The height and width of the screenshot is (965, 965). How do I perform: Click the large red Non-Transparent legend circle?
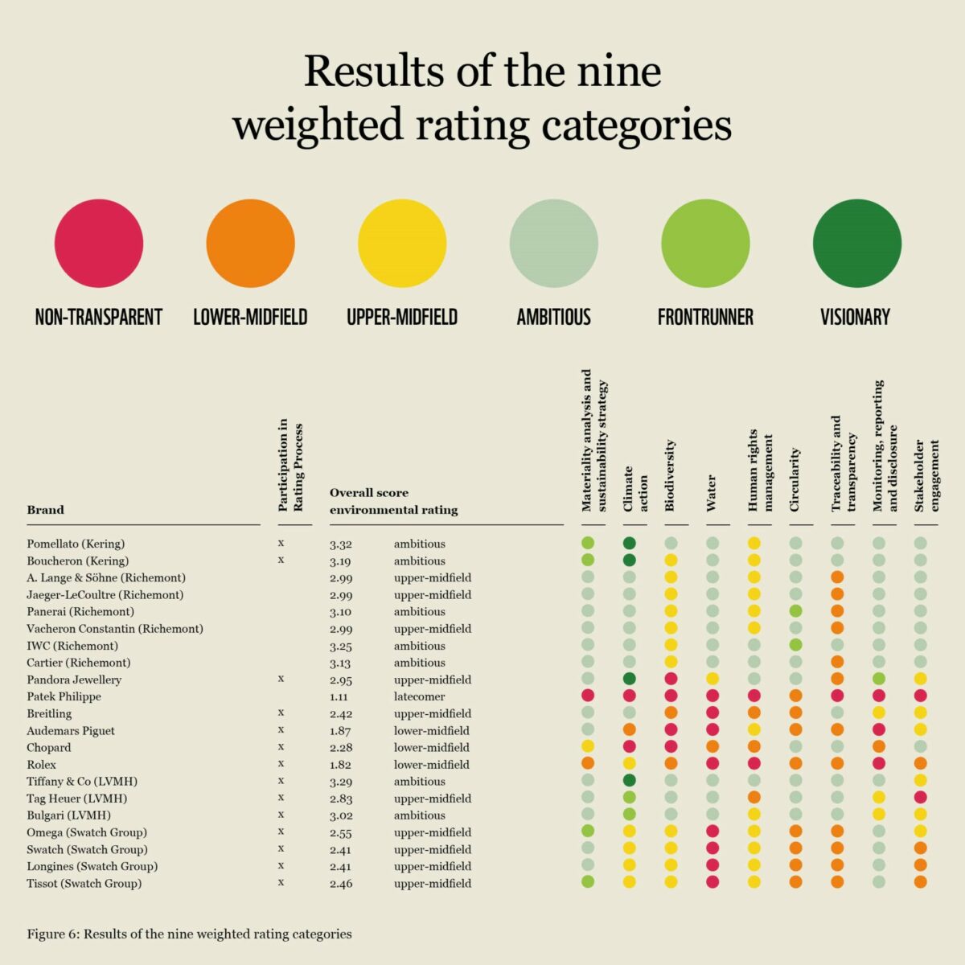[99, 243]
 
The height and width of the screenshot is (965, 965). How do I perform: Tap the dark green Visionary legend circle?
[857, 243]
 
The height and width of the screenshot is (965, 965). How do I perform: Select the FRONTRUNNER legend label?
[705, 317]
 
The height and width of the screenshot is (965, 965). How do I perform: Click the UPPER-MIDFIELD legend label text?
[402, 317]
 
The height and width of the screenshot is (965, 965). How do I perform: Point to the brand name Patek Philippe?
[64, 696]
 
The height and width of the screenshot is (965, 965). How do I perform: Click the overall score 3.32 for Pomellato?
[340, 544]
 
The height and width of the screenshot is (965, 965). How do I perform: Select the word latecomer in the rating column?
[419, 696]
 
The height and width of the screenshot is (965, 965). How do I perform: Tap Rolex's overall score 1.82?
[340, 765]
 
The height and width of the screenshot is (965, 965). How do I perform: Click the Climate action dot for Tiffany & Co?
[630, 780]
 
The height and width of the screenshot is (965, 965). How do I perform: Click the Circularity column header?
[795, 480]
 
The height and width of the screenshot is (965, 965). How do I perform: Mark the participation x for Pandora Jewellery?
[281, 679]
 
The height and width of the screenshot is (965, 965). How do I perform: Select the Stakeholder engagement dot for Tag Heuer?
[921, 797]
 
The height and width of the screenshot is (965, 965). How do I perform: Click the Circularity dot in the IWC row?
[795, 645]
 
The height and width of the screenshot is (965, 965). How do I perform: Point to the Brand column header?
[45, 510]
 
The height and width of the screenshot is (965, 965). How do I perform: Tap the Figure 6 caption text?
[189, 934]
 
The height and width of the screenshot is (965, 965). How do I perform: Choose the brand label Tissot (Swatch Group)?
[84, 883]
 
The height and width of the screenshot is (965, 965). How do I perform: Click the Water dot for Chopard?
[712, 747]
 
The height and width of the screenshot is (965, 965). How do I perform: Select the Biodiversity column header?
[670, 476]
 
